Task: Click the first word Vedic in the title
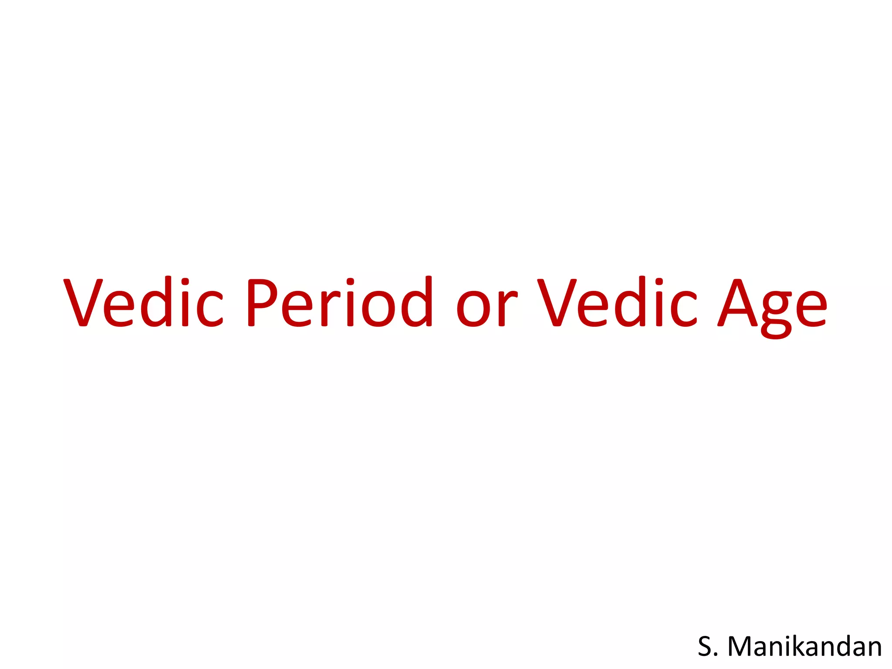pyautogui.click(x=144, y=302)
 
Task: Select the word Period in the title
pyautogui.click(x=339, y=302)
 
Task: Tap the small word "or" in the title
pyautogui.click(x=487, y=307)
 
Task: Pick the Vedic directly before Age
pyautogui.click(x=617, y=302)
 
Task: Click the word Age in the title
pyautogui.click(x=772, y=307)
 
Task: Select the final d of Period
pyautogui.click(x=416, y=302)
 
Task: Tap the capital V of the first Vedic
pyautogui.click(x=83, y=302)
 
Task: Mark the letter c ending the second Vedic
pyautogui.click(x=684, y=308)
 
